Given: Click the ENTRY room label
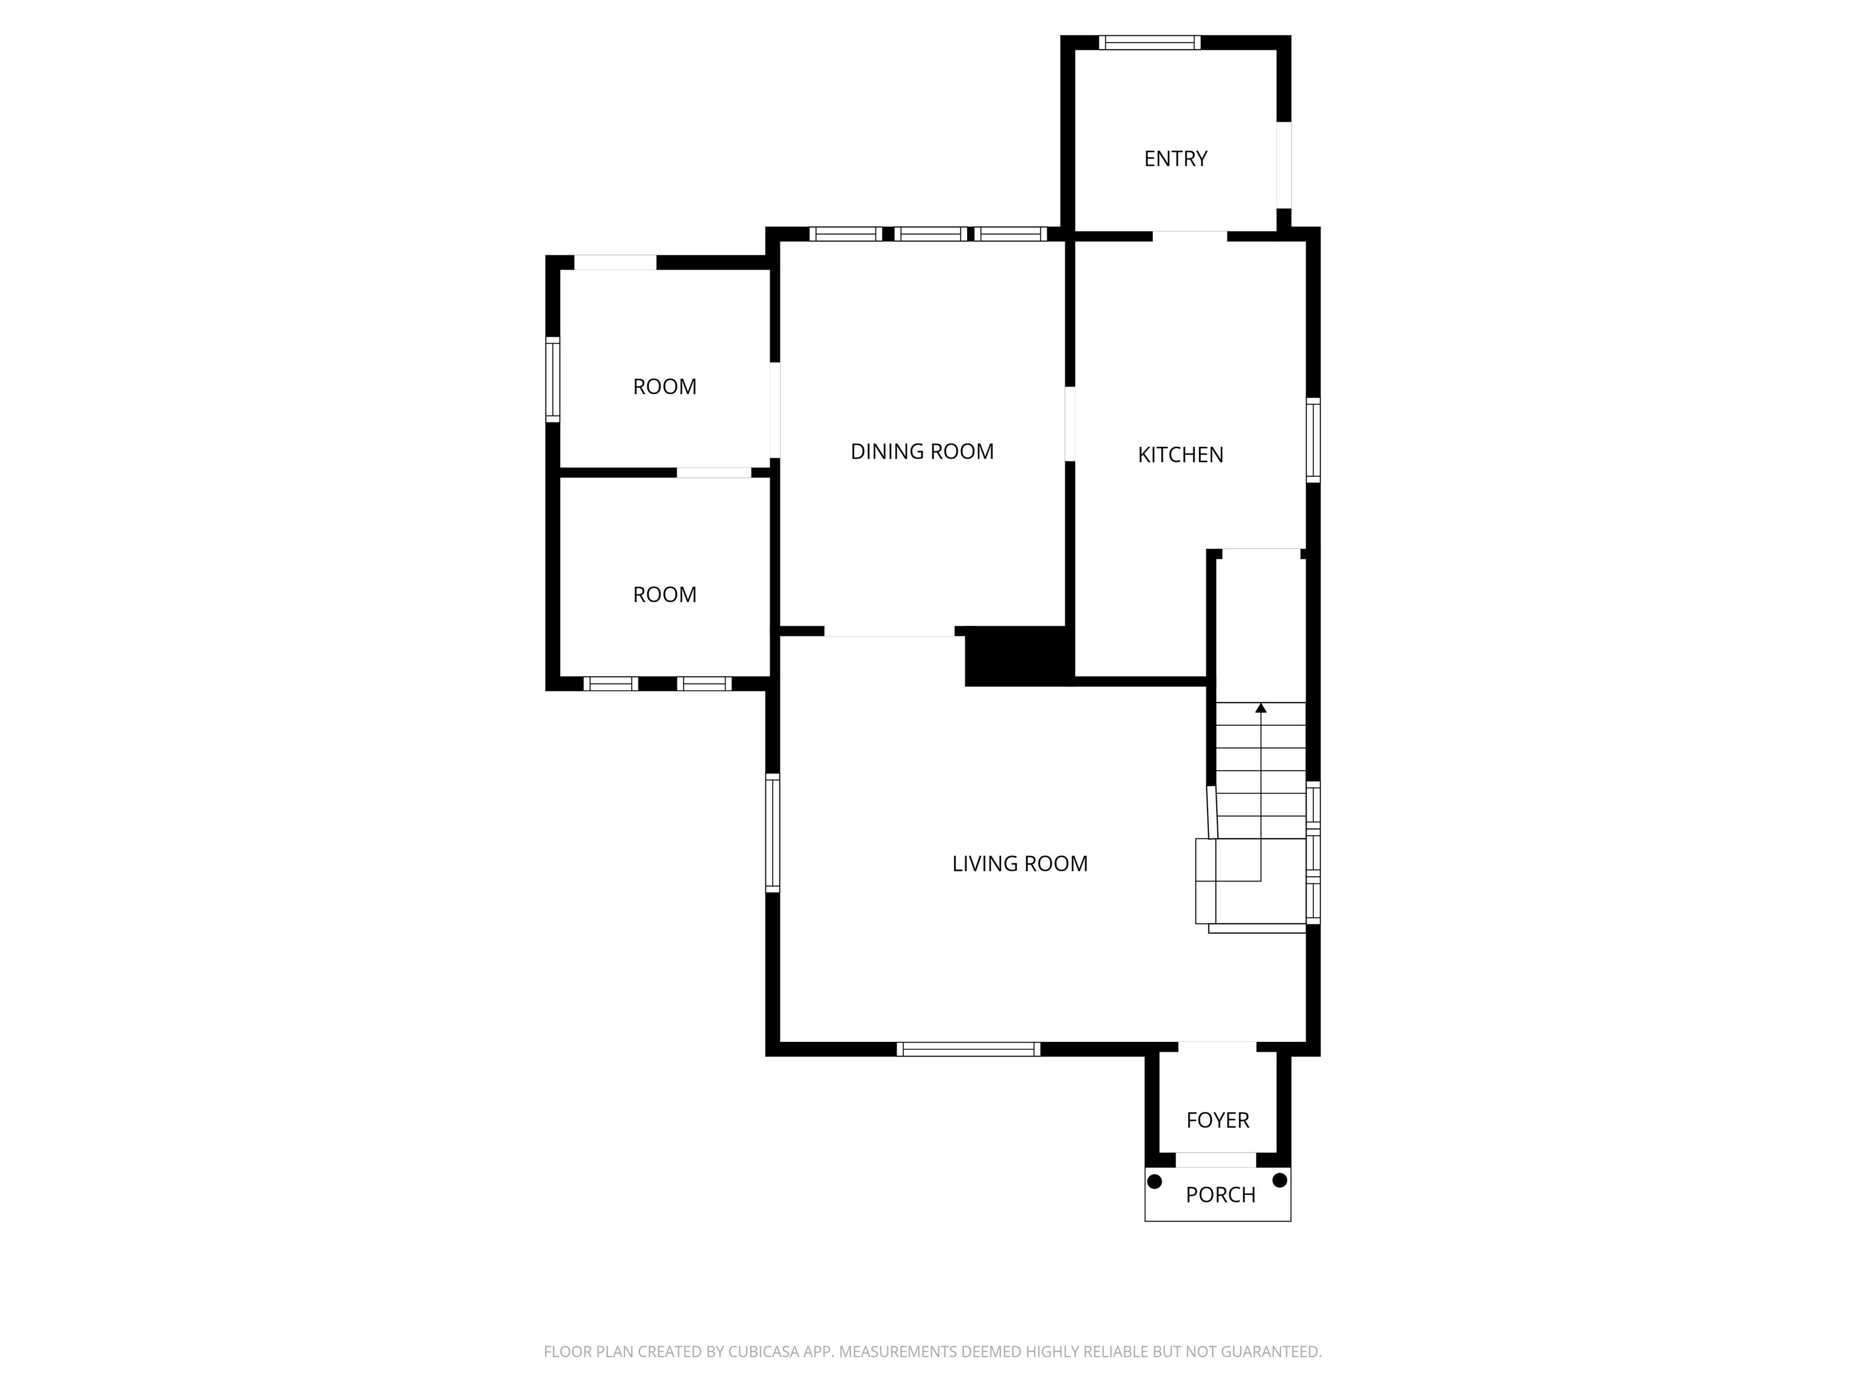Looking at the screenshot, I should pyautogui.click(x=1175, y=158).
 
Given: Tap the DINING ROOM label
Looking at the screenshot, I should pyautogui.click(x=921, y=451).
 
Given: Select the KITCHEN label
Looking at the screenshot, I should pyautogui.click(x=1180, y=455).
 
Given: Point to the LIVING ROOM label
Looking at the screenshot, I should pyautogui.click(x=1019, y=863).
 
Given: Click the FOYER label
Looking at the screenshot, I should pyautogui.click(x=1217, y=1120).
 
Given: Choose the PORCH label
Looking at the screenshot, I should pyautogui.click(x=1220, y=1194).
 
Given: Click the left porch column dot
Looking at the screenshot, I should pyautogui.click(x=1155, y=1180).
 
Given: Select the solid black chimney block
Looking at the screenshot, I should pyautogui.click(x=1016, y=656).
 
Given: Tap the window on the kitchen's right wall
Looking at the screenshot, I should pyautogui.click(x=1313, y=440).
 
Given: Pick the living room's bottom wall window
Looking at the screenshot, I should pyautogui.click(x=968, y=1049).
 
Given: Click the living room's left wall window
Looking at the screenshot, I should pyautogui.click(x=772, y=832).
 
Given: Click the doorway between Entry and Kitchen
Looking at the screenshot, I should pyautogui.click(x=1189, y=236).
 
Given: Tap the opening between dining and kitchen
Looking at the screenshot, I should pyautogui.click(x=1070, y=423).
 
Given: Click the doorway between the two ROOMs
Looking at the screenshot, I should pyautogui.click(x=714, y=473).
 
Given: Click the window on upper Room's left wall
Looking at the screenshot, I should pyautogui.click(x=553, y=380).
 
